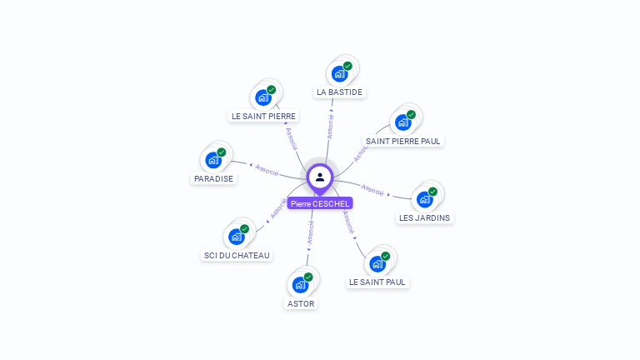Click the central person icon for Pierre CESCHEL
(x=320, y=177)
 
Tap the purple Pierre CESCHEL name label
(x=320, y=203)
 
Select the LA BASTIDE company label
(x=340, y=92)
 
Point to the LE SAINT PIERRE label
(x=263, y=116)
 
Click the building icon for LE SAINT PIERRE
(x=263, y=97)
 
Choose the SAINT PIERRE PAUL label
(x=403, y=141)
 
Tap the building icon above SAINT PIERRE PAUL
(x=403, y=122)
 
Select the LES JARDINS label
(x=424, y=217)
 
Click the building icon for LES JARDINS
(x=425, y=199)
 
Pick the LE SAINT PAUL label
(x=377, y=282)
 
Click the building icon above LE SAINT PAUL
(x=377, y=263)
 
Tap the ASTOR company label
(x=301, y=303)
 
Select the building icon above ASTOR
(x=301, y=285)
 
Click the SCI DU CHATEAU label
(x=237, y=255)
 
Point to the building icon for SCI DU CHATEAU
(x=237, y=237)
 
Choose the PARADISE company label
(x=214, y=178)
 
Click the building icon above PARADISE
(x=214, y=160)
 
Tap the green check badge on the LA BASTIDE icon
(x=347, y=66)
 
